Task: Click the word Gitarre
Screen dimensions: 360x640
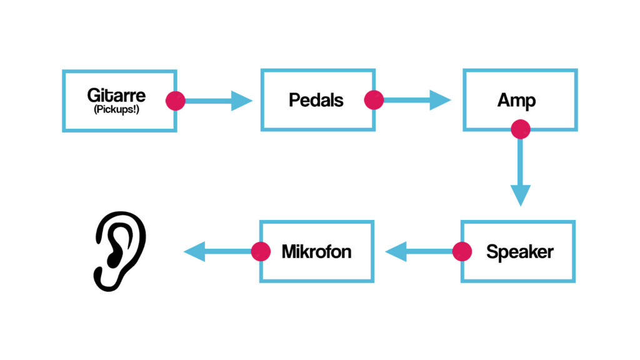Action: [x=116, y=96]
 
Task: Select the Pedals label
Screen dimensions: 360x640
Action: [x=316, y=100]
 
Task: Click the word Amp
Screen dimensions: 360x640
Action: [x=517, y=100]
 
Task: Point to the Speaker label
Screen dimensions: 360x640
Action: [x=520, y=252]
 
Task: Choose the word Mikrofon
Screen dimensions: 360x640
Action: [x=316, y=252]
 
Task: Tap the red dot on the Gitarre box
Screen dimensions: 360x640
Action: [x=176, y=100]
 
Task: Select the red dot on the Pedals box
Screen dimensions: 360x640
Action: [x=374, y=100]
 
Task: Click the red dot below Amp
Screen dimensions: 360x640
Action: [x=520, y=129]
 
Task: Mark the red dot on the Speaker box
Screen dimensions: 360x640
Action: [x=462, y=252]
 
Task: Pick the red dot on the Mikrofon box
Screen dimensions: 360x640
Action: [x=260, y=252]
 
